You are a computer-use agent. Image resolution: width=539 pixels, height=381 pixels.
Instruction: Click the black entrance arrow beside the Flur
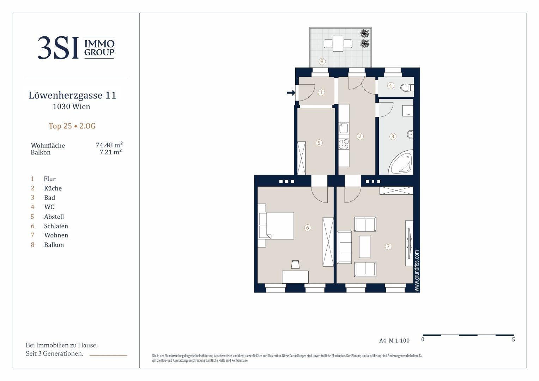tap(291, 92)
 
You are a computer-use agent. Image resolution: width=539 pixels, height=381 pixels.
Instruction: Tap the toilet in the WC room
tap(407, 87)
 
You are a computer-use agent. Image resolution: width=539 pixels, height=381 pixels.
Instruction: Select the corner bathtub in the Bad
tap(401, 162)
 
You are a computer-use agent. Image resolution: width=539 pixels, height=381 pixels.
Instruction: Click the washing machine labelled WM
tap(408, 111)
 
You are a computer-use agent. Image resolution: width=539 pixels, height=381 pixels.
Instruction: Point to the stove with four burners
tap(344, 144)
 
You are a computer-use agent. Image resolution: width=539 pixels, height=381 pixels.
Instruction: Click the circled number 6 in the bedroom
tap(308, 228)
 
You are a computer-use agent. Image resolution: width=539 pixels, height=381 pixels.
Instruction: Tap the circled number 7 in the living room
tap(388, 246)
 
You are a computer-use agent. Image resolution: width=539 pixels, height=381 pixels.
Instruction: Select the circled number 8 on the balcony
tap(322, 61)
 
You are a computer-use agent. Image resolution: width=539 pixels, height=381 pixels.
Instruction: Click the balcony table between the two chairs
tap(338, 43)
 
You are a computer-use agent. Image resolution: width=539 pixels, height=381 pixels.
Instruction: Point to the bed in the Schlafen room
tap(276, 225)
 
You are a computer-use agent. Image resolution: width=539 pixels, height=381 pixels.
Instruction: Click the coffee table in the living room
tap(364, 247)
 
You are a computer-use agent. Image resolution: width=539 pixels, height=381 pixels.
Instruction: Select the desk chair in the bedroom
tap(295, 264)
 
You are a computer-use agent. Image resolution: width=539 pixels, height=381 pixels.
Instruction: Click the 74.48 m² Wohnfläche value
tap(109, 145)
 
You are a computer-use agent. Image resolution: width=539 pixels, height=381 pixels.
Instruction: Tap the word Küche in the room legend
tap(53, 188)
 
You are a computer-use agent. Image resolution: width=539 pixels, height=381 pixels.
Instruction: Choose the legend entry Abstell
tap(54, 217)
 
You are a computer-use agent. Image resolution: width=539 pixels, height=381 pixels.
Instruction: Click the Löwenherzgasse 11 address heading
tap(72, 95)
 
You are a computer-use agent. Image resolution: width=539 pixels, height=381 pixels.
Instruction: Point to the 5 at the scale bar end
tap(513, 340)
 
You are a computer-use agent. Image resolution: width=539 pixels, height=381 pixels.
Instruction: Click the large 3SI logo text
tap(58, 48)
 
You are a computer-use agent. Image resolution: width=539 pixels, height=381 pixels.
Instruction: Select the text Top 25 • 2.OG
tap(72, 126)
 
